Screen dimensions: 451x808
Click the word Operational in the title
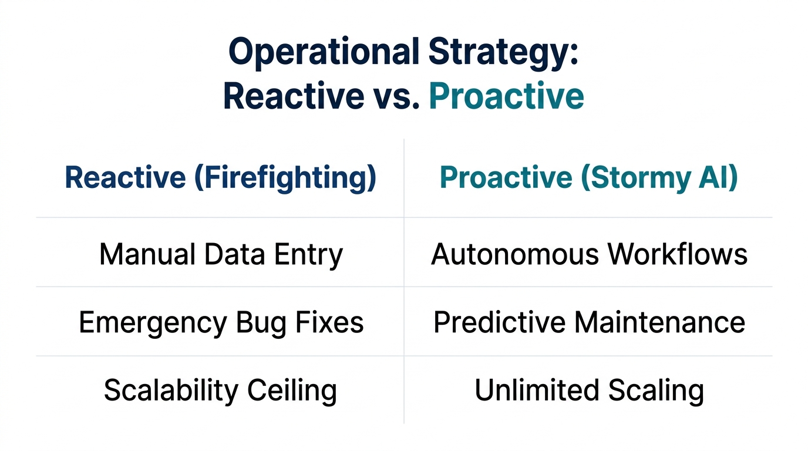(x=322, y=52)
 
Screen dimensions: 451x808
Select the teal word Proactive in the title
(x=507, y=96)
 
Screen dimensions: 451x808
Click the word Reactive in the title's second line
(x=293, y=96)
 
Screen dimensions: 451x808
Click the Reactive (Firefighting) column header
(x=220, y=178)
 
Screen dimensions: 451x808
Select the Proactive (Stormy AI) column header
(x=588, y=178)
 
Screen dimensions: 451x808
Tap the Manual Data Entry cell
(x=221, y=255)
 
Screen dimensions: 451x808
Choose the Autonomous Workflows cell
(x=589, y=255)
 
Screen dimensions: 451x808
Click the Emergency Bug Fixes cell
(x=221, y=322)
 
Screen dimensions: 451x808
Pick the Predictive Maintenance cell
(x=589, y=322)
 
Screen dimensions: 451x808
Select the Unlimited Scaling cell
(x=589, y=391)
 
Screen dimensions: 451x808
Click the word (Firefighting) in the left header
(x=285, y=178)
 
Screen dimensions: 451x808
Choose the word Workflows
(x=677, y=255)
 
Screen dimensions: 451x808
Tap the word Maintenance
(x=659, y=322)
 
